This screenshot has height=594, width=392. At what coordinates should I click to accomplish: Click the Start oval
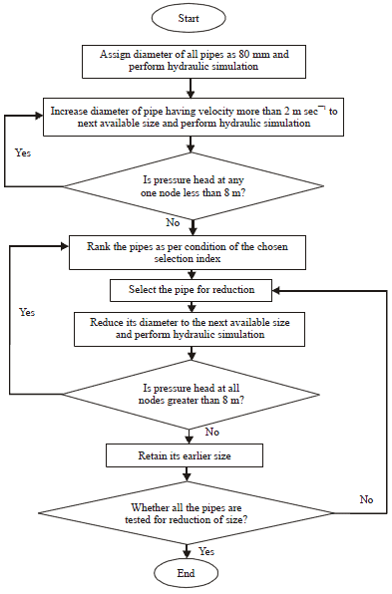pyautogui.click(x=189, y=18)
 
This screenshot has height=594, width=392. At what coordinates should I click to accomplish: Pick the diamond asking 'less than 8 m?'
pyautogui.click(x=189, y=185)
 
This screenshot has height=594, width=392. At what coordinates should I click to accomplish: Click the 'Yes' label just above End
pyautogui.click(x=207, y=551)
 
